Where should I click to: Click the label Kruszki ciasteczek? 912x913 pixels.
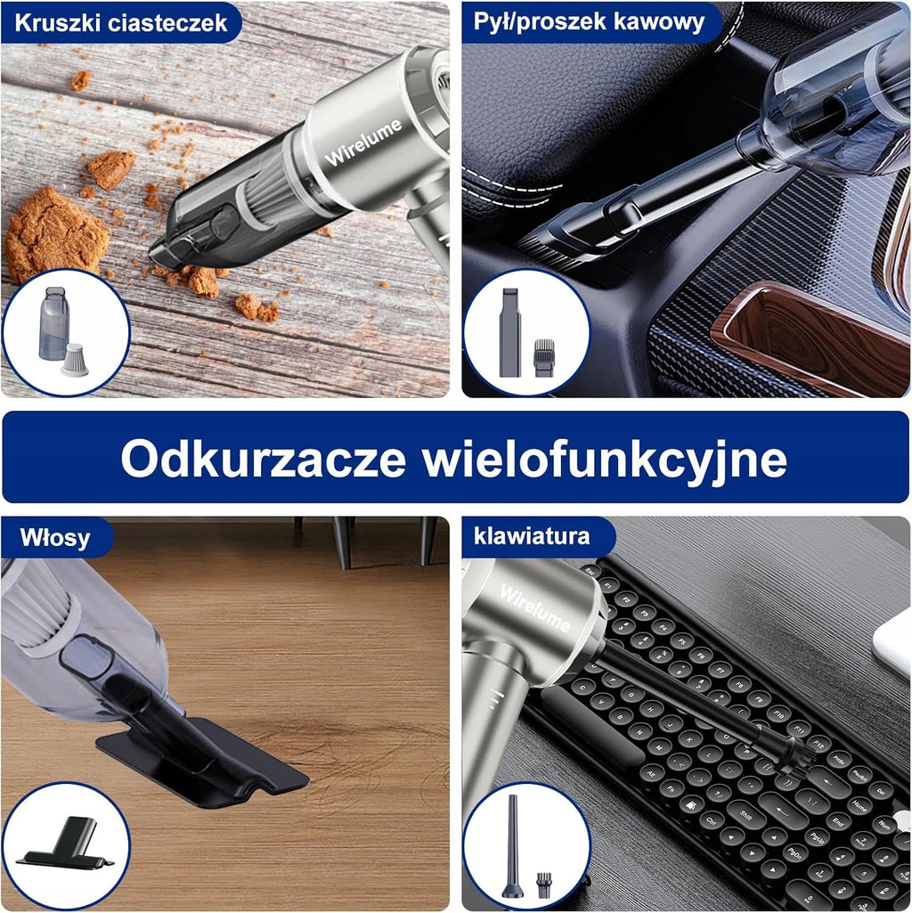tap(120, 22)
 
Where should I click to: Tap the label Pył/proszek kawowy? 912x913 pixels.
tap(589, 21)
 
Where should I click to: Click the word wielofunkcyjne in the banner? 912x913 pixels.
tap(605, 461)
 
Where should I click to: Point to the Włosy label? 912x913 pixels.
tap(54, 538)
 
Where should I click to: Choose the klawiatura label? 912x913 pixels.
tap(532, 535)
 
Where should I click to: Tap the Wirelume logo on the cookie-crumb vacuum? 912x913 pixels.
tap(363, 143)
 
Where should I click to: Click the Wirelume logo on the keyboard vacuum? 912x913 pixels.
tap(534, 608)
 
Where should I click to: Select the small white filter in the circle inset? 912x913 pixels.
tap(75, 360)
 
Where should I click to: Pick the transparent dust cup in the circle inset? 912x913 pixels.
tap(53, 323)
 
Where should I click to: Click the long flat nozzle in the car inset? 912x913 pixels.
tap(509, 332)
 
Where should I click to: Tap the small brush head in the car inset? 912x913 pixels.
tap(543, 357)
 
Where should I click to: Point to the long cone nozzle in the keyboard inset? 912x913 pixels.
tap(512, 845)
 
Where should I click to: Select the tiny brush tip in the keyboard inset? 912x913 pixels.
tap(543, 885)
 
